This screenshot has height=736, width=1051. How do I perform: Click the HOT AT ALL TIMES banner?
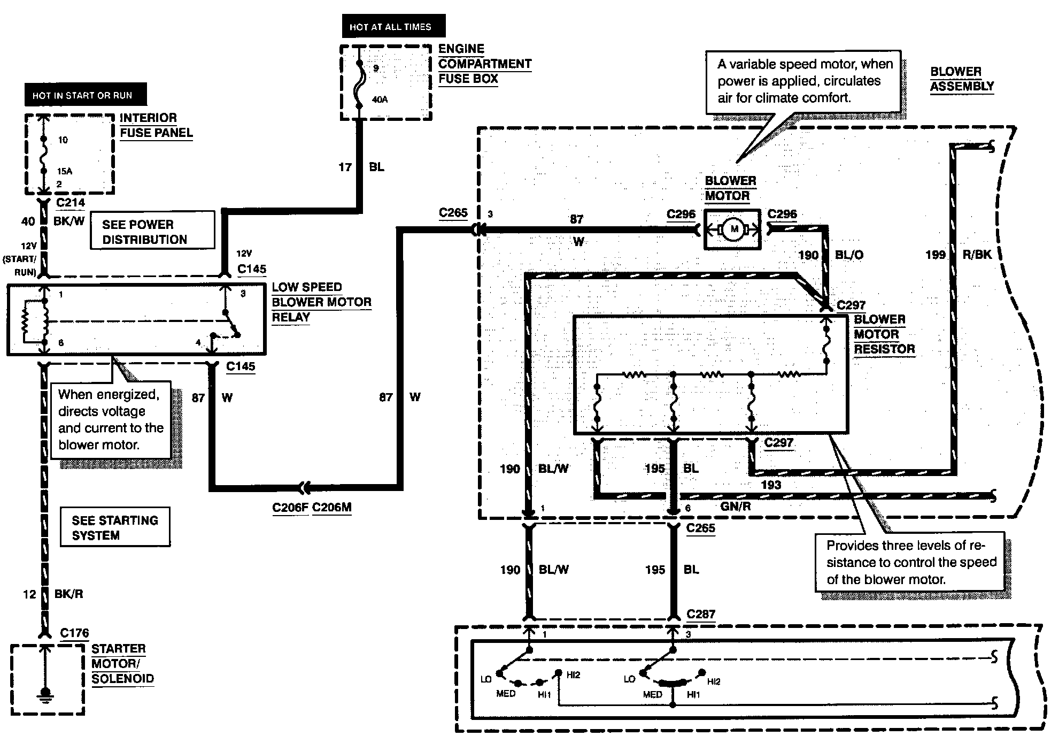point(393,26)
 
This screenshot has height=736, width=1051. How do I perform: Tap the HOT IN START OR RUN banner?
point(86,95)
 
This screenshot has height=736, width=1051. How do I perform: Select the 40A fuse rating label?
point(380,99)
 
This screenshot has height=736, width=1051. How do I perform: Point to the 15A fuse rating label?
point(65,171)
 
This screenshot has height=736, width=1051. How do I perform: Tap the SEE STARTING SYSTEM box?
point(115,527)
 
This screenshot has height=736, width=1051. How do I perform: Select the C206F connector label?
point(290,507)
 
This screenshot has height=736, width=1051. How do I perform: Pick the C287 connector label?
point(701,614)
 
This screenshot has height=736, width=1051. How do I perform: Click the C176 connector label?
point(74,633)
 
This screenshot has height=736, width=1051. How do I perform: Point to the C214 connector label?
point(71,202)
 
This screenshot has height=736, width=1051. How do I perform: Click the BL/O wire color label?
point(849,255)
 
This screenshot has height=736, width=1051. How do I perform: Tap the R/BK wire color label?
point(977,255)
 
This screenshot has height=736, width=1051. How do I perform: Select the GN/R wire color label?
point(736,506)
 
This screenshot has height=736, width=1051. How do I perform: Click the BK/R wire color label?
point(69,594)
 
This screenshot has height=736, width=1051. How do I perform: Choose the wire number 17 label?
point(345,167)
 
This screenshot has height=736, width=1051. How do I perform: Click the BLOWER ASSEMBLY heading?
point(962,79)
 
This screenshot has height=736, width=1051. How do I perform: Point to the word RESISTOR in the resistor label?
point(884,349)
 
